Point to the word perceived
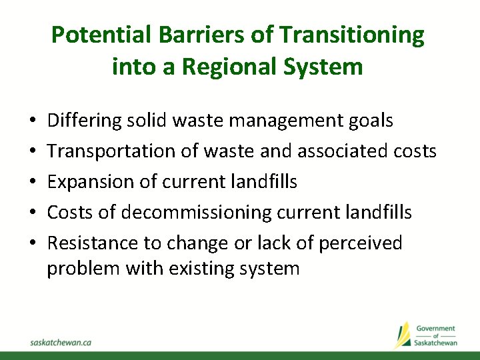tap(361, 243)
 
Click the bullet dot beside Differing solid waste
tap(33, 121)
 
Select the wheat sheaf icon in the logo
tap(403, 335)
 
